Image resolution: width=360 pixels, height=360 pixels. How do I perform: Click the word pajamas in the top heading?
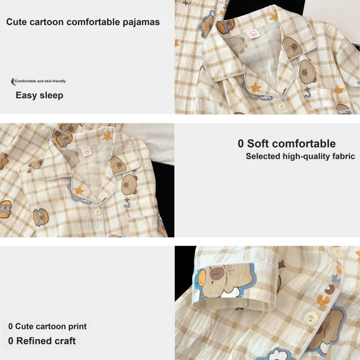click(141, 22)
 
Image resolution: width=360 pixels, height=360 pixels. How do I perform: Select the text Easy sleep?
click(40, 95)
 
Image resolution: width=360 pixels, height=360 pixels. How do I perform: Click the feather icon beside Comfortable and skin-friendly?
click(13, 81)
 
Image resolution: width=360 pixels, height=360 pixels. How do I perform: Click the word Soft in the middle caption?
click(257, 144)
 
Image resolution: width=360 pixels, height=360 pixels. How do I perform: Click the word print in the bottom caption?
click(77, 327)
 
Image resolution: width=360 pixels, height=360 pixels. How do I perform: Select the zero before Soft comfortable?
click(240, 144)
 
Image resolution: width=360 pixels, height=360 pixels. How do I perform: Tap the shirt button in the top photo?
click(282, 106)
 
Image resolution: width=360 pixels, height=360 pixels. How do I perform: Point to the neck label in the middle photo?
click(86, 151)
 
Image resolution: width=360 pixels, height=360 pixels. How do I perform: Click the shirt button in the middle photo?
click(98, 212)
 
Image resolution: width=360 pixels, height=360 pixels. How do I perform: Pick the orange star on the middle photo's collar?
click(107, 137)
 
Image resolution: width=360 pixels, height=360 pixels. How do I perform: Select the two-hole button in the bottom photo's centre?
click(311, 319)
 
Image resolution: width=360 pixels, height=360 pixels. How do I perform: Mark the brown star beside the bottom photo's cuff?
click(282, 264)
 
